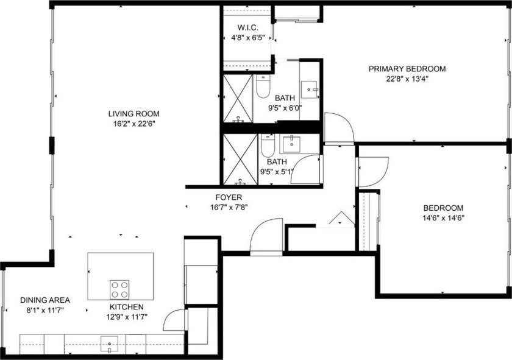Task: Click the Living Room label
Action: (x=133, y=113)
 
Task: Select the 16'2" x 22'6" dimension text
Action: (x=133, y=124)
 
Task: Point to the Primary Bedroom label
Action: (x=407, y=69)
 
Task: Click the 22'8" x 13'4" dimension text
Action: (x=407, y=79)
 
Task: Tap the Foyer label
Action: (x=229, y=197)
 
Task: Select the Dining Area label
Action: (x=45, y=300)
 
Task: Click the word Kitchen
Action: (x=126, y=307)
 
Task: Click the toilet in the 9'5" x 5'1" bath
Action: (x=267, y=147)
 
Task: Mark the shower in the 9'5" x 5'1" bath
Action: (x=239, y=159)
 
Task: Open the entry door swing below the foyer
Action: (x=266, y=236)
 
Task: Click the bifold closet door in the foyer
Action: (x=339, y=219)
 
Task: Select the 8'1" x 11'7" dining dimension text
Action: (x=45, y=310)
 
